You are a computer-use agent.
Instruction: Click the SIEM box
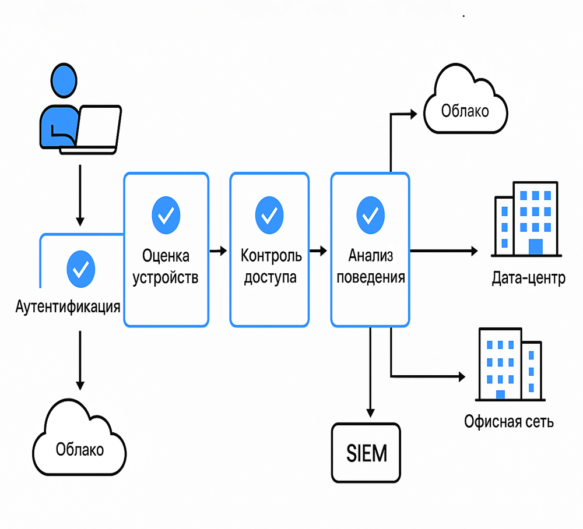click(x=367, y=453)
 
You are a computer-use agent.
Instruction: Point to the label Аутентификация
click(x=68, y=307)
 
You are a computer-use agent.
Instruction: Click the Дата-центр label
click(x=528, y=278)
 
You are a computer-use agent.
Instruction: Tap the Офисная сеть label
click(x=509, y=421)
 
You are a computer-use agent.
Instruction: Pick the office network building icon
click(x=509, y=364)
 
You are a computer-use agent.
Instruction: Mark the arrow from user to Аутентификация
click(x=80, y=195)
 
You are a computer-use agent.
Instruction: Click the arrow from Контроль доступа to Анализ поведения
click(x=318, y=251)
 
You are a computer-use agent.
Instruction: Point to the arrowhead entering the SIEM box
click(x=370, y=411)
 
